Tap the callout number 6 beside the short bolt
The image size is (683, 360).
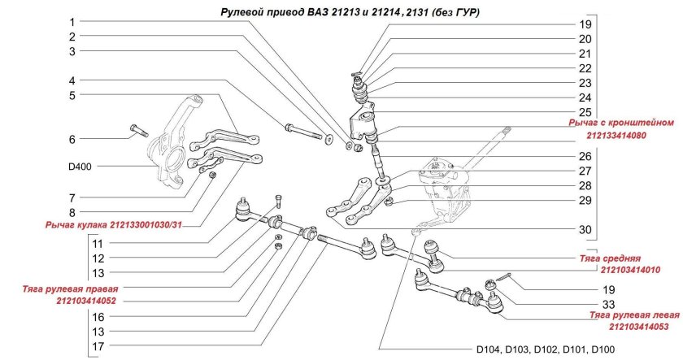[x=72, y=139]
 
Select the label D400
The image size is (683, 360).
[x=80, y=167]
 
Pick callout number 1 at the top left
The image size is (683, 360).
[x=72, y=22]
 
